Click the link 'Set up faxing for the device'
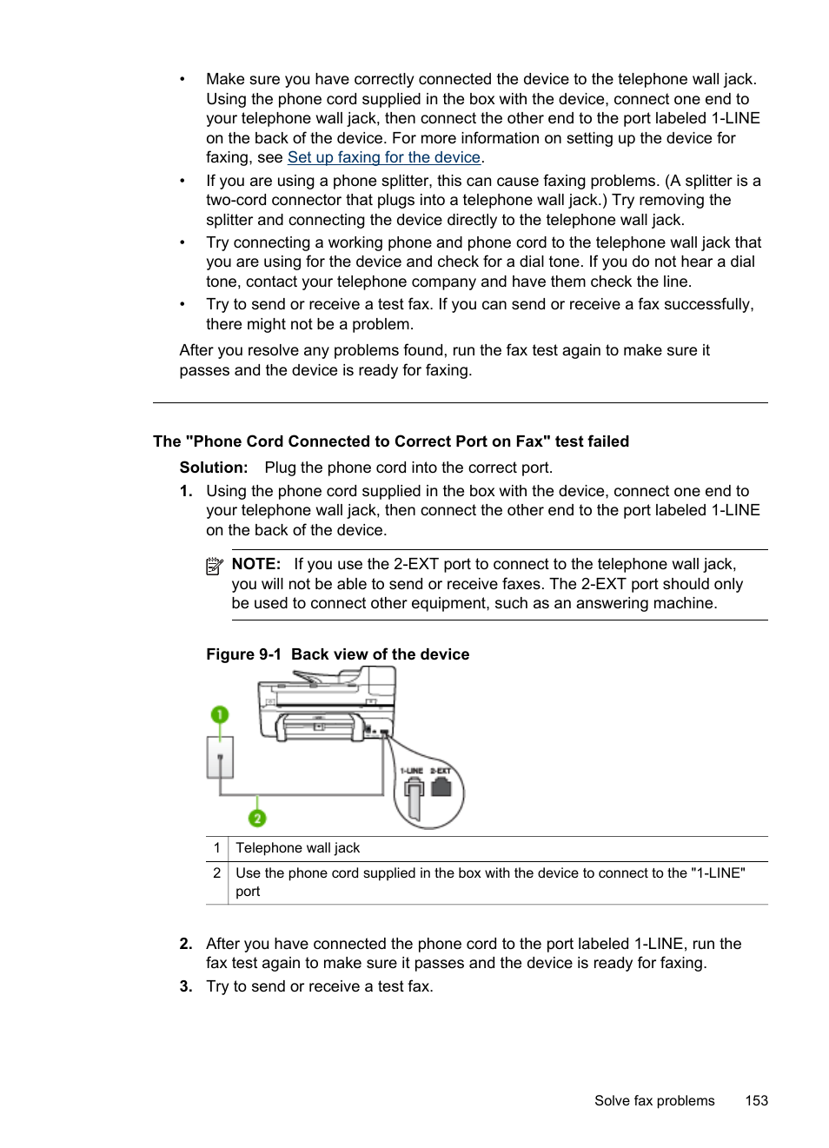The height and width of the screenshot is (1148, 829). [x=383, y=157]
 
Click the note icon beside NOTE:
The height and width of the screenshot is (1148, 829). [x=214, y=567]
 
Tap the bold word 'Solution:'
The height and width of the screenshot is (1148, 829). [x=214, y=468]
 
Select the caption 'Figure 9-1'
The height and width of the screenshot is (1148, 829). [x=243, y=654]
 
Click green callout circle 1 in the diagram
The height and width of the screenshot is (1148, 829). [x=220, y=714]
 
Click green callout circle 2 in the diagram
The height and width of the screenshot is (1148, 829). [x=257, y=818]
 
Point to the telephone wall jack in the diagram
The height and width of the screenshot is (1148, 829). [x=220, y=757]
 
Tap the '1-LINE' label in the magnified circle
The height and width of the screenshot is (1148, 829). [x=411, y=771]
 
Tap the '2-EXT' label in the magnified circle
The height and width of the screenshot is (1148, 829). [x=441, y=771]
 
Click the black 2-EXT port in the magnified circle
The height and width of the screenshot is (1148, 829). [x=441, y=787]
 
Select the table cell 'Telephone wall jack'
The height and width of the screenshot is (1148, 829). [x=298, y=848]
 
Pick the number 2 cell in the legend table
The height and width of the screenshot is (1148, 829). [x=217, y=873]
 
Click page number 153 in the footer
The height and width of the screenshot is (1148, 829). [x=756, y=1100]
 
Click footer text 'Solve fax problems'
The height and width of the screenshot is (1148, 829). [x=654, y=1100]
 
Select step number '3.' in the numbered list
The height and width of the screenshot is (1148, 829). [x=186, y=986]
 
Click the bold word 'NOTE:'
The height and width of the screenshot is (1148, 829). [x=256, y=564]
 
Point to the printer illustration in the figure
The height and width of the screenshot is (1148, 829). [x=326, y=708]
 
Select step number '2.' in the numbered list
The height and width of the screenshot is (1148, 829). [x=186, y=944]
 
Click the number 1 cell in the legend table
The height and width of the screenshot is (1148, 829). [x=217, y=848]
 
